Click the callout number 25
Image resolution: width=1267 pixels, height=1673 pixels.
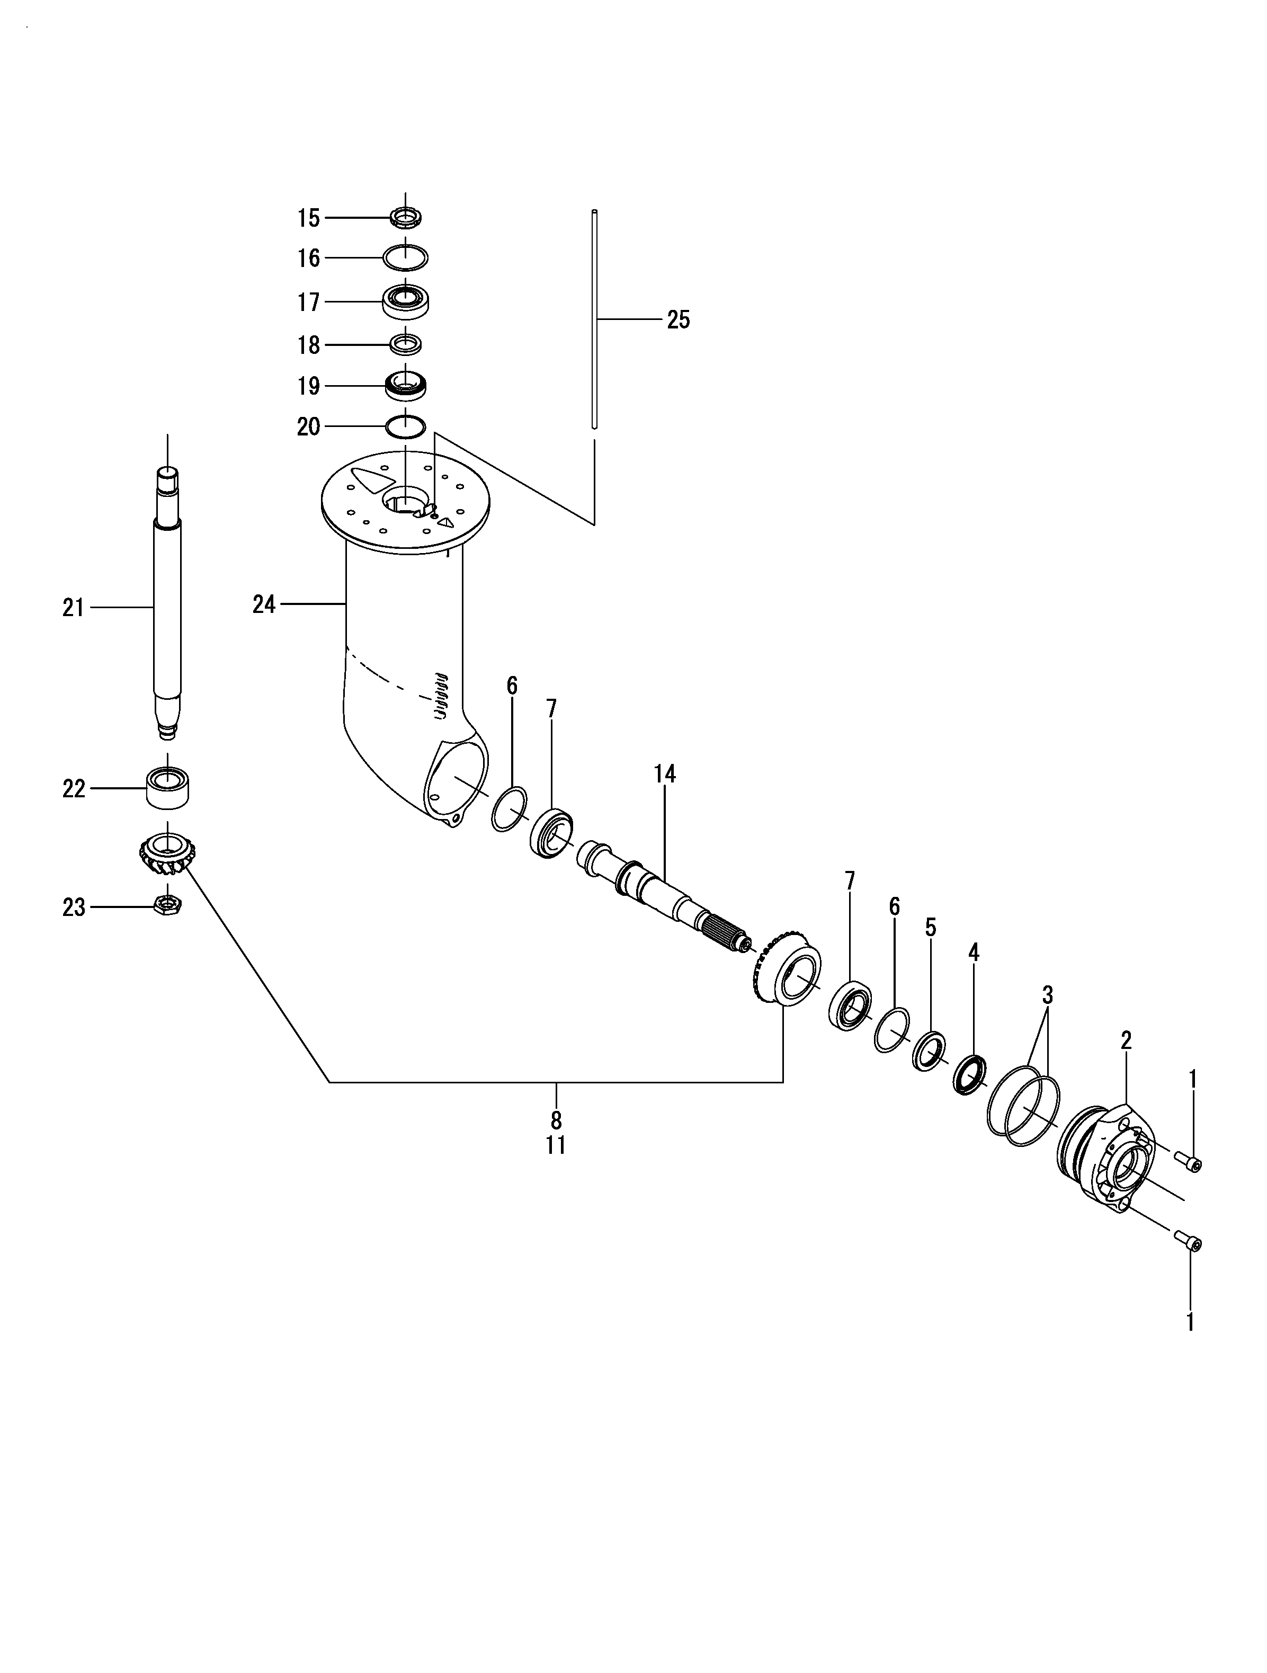[x=678, y=320]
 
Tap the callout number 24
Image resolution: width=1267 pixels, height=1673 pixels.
[x=264, y=604]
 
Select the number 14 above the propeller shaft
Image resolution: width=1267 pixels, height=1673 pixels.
[x=664, y=774]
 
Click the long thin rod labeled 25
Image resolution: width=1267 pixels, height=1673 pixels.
[x=594, y=318]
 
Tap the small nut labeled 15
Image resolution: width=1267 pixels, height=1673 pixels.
[x=405, y=218]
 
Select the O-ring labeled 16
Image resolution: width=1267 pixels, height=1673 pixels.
[x=405, y=258]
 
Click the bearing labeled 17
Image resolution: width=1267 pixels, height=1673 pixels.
[x=406, y=302]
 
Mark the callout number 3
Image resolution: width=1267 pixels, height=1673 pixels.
[x=1048, y=994]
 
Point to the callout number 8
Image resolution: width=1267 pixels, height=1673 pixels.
[x=556, y=1120]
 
